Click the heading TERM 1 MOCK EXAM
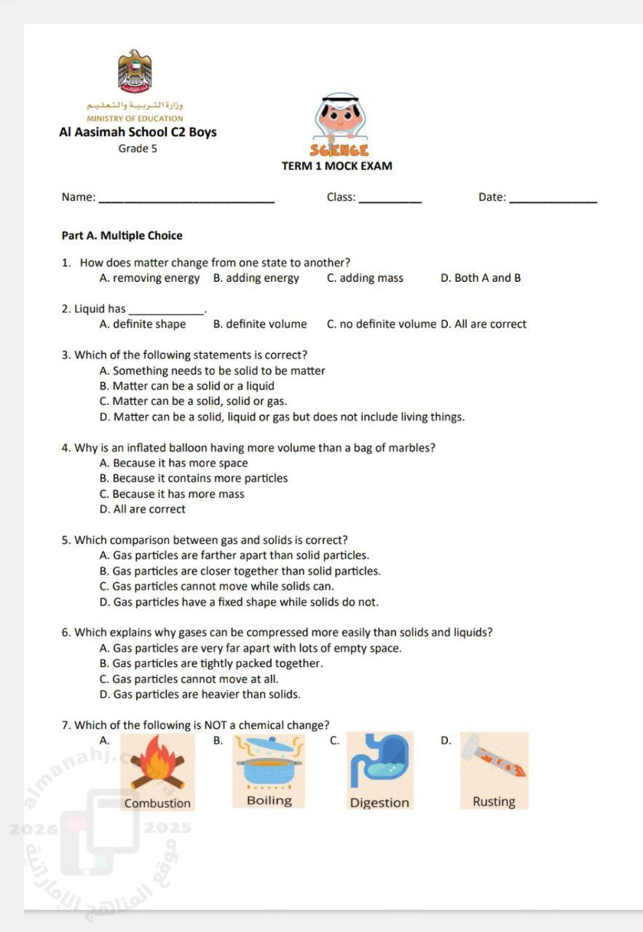point(337,166)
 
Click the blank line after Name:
point(186,199)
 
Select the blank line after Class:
point(390,199)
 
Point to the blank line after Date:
point(553,199)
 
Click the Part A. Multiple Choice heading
point(122,236)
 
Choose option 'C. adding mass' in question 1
point(365,278)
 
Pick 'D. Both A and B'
point(481,278)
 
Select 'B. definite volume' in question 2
point(260,325)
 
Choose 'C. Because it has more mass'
point(172,494)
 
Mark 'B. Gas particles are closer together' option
point(240,572)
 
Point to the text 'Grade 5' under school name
point(138,149)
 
